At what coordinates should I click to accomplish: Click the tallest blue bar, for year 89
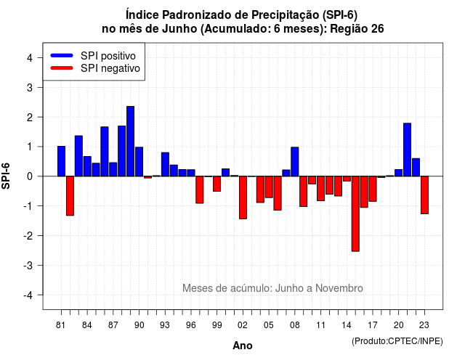[x=131, y=142]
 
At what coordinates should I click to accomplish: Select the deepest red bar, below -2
[x=355, y=213]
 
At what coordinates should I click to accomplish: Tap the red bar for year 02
[x=243, y=197]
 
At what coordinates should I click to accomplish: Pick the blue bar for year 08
[x=295, y=161]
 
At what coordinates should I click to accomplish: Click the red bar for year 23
[x=424, y=195]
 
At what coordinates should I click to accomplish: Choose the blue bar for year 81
[x=61, y=161]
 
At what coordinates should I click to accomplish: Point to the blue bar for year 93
[x=165, y=165]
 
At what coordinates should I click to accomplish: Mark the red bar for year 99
[x=217, y=184]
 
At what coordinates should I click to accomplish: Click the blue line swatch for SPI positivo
[x=62, y=55]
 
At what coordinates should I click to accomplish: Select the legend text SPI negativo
[x=110, y=68]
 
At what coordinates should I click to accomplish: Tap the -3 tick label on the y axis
[x=28, y=266]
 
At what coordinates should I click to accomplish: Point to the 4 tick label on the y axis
[x=30, y=58]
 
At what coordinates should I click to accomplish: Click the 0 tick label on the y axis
[x=30, y=176]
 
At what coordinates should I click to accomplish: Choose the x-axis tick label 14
[x=347, y=325]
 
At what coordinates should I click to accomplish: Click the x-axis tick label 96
[x=191, y=325]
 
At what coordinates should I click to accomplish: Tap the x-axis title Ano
[x=243, y=346]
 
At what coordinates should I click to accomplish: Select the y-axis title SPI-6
[x=6, y=176]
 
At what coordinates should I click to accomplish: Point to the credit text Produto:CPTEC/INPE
[x=397, y=341]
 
